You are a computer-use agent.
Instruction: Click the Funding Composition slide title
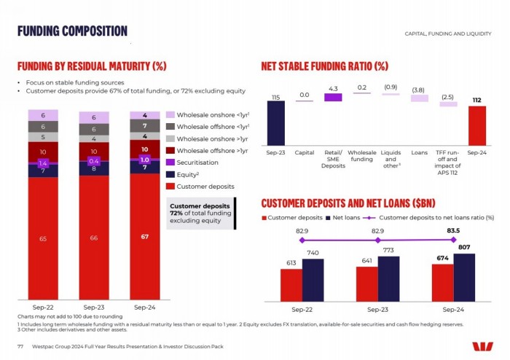72,31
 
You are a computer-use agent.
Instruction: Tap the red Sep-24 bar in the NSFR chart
476,125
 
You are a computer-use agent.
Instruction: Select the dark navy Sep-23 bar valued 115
275,122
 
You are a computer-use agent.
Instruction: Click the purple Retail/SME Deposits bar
333,97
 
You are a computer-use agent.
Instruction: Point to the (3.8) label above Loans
418,90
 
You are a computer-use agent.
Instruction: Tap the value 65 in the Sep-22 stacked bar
43,238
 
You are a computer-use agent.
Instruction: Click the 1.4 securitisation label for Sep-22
43,164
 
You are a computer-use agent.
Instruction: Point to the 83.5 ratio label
453,230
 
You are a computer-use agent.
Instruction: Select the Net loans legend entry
342,217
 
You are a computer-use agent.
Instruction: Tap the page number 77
20,345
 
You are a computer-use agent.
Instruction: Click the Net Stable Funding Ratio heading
325,66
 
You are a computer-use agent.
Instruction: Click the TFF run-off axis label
447,162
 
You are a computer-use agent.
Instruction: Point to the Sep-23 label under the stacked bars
93,308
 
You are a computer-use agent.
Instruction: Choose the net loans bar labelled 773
388,278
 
